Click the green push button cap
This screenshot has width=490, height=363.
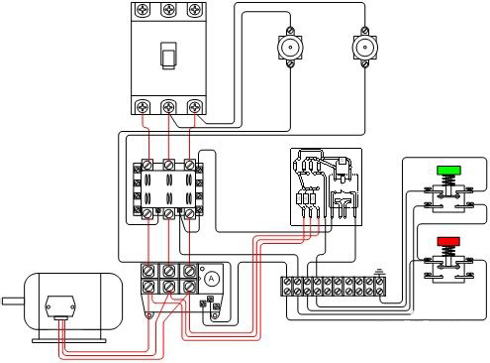(x=448, y=170)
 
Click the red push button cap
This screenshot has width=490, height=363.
(x=448, y=242)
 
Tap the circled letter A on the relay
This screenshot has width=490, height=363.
(x=211, y=279)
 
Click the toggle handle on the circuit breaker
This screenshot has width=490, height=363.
(x=168, y=56)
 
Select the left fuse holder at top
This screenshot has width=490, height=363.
(x=290, y=48)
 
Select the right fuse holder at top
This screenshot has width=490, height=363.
(x=364, y=48)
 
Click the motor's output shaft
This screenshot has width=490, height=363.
(x=13, y=302)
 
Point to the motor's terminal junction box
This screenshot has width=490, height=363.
(x=60, y=307)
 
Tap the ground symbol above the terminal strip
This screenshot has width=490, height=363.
(x=380, y=273)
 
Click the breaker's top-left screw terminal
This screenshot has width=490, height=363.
(x=143, y=9)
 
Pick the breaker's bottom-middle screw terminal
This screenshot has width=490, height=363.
(x=168, y=107)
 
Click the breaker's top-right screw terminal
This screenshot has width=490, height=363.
(x=194, y=9)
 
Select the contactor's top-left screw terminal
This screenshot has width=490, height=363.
(x=147, y=165)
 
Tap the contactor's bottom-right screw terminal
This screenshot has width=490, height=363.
(x=189, y=213)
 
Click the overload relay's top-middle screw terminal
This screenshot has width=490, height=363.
(x=168, y=272)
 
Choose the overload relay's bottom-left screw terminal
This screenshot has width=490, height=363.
(x=148, y=286)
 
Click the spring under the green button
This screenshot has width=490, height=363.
(x=448, y=181)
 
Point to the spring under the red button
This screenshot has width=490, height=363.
(x=448, y=252)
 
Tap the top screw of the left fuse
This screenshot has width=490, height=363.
(x=290, y=31)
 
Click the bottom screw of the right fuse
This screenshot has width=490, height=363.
(x=364, y=63)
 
